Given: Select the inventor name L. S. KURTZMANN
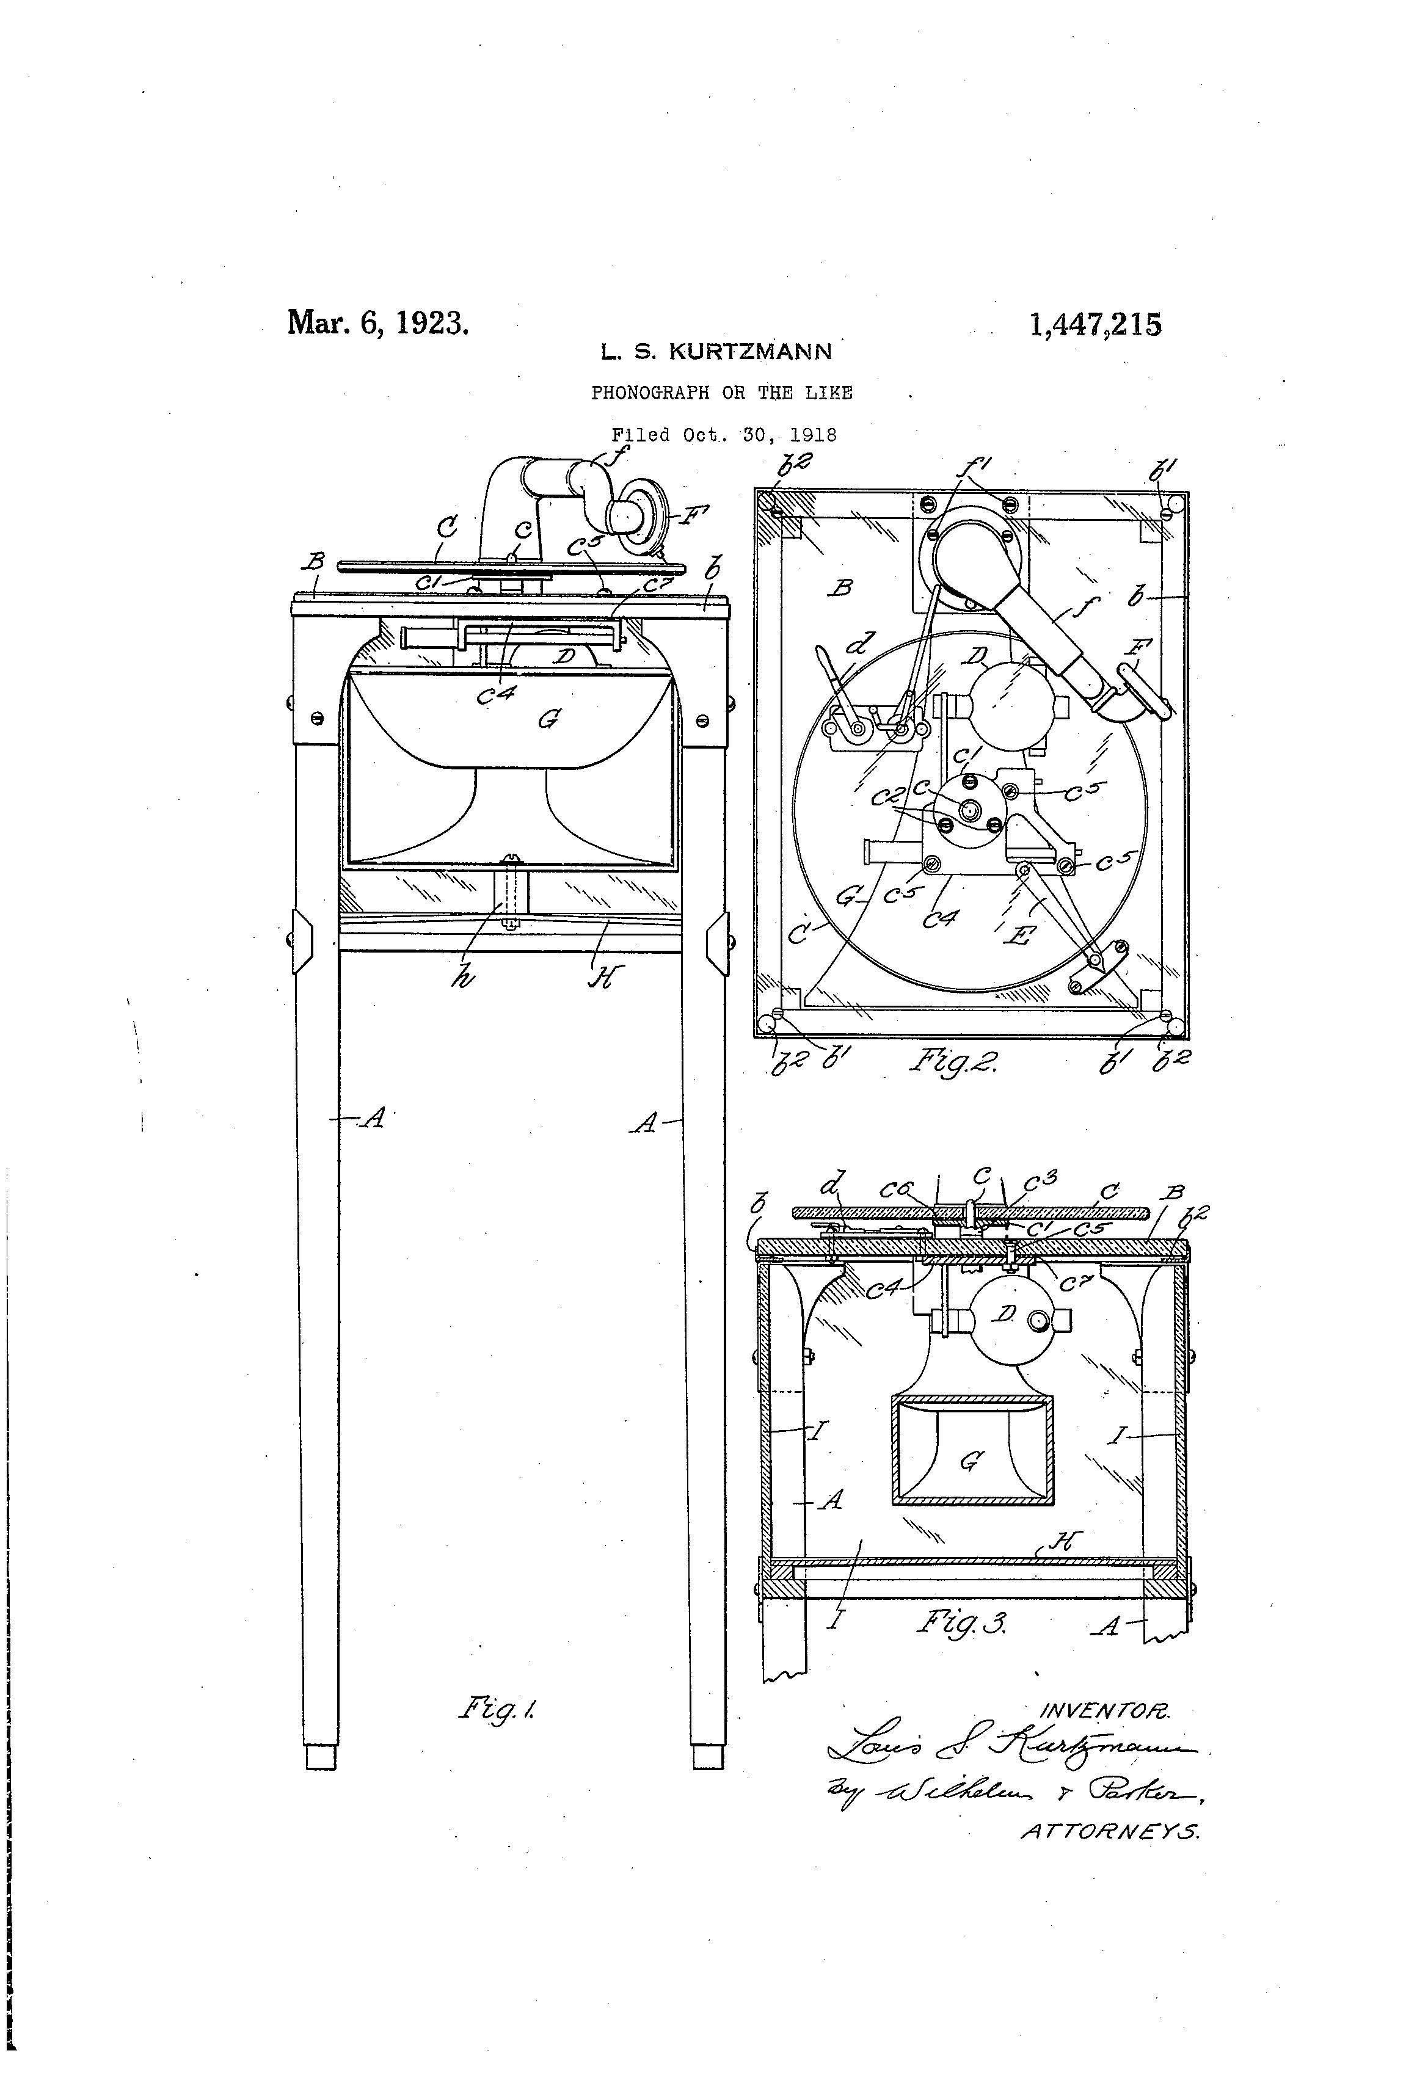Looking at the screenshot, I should (x=716, y=352).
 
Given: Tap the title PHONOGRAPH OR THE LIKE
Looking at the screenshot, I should (x=721, y=392).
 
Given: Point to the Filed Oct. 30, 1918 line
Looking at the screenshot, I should (x=724, y=435).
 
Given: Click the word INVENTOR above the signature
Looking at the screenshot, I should (x=1104, y=1711).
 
